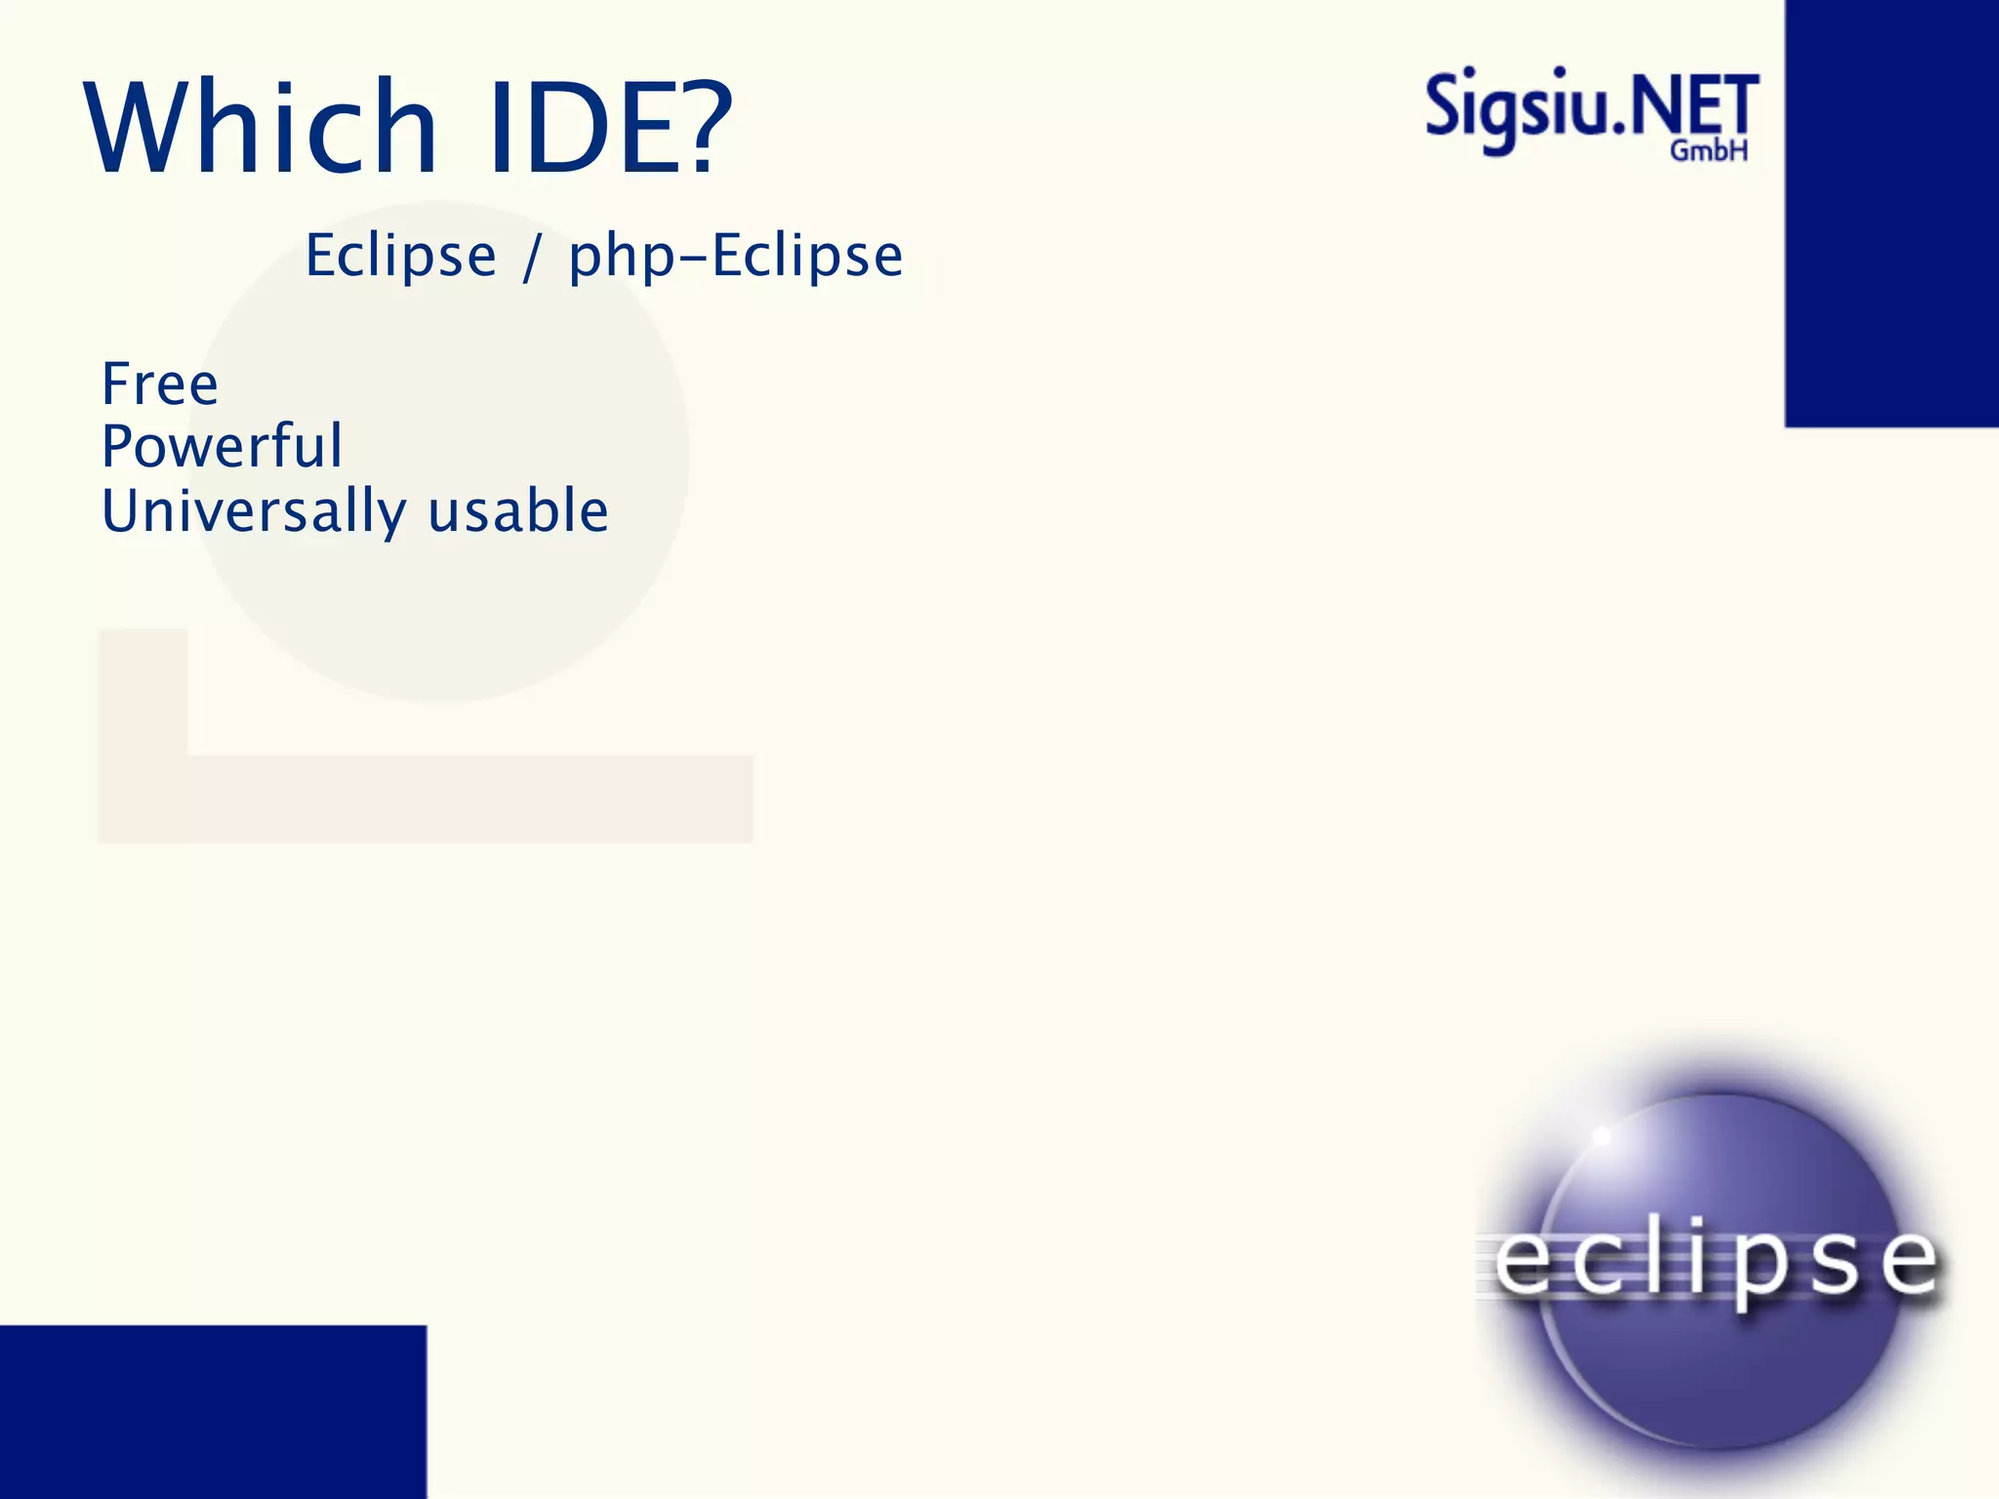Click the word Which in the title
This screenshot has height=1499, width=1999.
(262, 127)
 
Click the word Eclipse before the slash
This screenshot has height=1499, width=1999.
(400, 257)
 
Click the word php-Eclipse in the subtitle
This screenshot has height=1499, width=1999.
(736, 257)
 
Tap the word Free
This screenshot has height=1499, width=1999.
(160, 384)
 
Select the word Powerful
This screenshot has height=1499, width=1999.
(223, 446)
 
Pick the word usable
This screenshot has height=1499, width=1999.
(518, 510)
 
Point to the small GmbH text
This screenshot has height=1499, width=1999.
(1708, 151)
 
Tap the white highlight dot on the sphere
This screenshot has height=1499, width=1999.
(1602, 1136)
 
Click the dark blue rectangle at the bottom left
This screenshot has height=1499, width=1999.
(213, 1411)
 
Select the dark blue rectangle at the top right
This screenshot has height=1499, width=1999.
(1892, 213)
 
